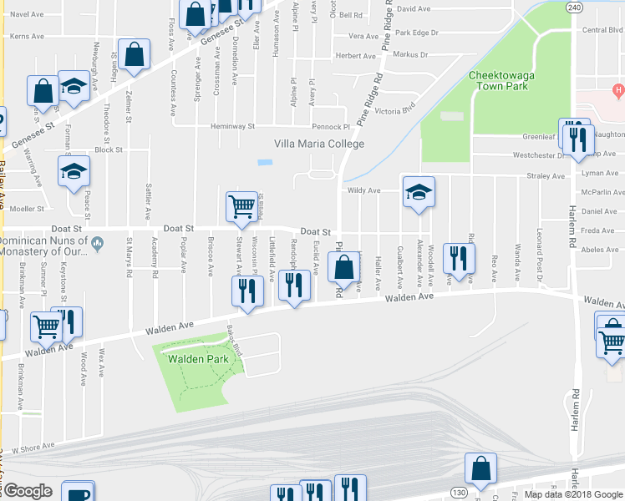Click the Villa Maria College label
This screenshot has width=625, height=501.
320,144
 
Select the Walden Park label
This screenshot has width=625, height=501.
198,359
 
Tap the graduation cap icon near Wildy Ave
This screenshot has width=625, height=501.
418,191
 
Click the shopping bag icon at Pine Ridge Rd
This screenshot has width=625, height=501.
343,267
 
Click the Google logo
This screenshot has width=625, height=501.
27,491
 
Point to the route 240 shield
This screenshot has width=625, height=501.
572,7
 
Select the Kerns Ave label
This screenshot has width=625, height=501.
26,36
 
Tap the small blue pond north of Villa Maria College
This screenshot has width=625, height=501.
265,161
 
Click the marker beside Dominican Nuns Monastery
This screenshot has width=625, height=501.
98,243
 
